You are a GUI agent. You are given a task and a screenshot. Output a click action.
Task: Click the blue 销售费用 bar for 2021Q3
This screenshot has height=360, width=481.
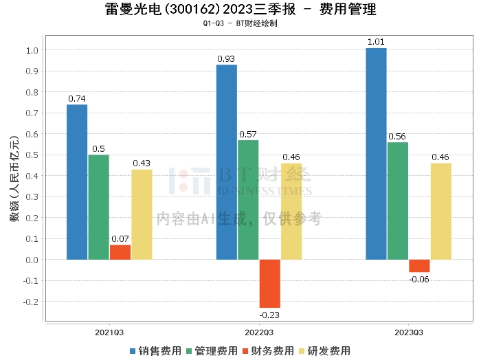[77, 182]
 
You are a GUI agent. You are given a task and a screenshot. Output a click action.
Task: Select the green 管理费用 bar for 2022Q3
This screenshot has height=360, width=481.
[248, 200]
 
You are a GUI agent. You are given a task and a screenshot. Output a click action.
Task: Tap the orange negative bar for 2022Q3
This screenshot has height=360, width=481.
[270, 283]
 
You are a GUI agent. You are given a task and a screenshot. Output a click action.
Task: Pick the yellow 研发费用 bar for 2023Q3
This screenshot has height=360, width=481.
[441, 212]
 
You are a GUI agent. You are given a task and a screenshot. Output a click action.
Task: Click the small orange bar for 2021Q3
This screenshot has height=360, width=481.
[120, 252]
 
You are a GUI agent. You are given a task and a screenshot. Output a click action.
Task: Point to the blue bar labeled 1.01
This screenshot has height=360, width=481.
[376, 154]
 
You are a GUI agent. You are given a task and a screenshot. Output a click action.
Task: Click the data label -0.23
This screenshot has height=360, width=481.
[269, 315]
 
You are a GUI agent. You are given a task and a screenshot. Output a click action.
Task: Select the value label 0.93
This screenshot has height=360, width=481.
[227, 59]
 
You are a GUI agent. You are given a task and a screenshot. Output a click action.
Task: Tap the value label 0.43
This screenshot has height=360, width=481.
[142, 164]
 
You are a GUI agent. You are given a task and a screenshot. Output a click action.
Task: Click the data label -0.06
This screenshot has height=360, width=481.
[419, 279]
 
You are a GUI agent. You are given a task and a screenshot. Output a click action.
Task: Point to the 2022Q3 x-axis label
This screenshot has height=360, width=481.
[259, 332]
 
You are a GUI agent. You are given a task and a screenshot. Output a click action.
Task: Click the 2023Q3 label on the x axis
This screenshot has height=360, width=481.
[408, 332]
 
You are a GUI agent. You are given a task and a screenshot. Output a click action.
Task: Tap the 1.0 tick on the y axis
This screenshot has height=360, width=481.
[32, 51]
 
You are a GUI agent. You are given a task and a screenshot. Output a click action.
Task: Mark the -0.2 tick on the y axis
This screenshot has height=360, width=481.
[30, 302]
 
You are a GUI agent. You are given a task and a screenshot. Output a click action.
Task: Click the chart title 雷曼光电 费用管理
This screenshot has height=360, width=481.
[240, 10]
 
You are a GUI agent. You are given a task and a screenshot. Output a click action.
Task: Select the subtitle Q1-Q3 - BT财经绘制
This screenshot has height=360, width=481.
[240, 23]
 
